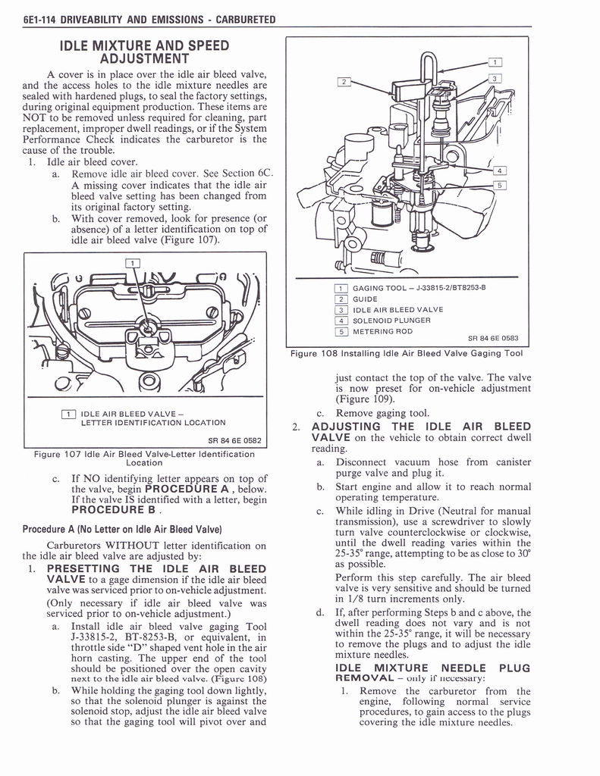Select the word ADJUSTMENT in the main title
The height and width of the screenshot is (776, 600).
(144, 58)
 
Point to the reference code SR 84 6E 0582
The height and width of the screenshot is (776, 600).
(234, 439)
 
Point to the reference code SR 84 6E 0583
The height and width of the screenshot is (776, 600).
(493, 339)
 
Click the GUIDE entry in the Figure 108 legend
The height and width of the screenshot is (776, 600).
(365, 299)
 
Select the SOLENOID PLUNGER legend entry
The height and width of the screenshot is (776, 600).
(391, 320)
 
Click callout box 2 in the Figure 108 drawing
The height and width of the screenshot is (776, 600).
(344, 81)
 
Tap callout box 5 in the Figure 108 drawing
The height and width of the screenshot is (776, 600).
(499, 186)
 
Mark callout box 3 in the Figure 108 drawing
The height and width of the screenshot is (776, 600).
(495, 78)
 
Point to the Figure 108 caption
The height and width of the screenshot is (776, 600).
(406, 353)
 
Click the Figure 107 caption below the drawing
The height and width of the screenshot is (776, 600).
(144, 458)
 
